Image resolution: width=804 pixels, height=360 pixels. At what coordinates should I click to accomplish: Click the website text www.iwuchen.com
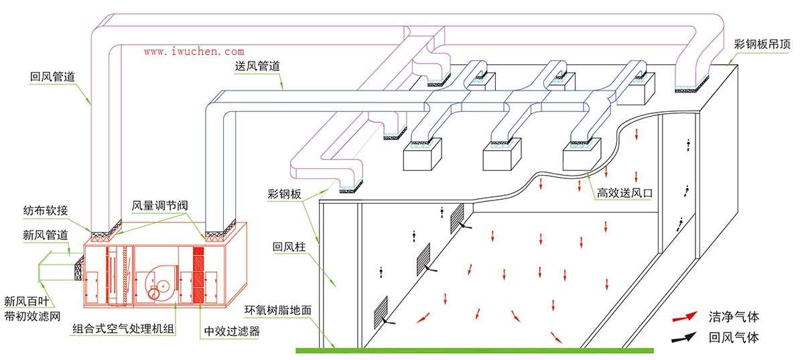(194, 51)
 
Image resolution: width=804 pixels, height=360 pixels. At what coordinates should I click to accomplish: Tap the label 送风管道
(257, 66)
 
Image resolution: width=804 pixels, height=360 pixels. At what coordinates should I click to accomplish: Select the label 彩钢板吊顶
(762, 45)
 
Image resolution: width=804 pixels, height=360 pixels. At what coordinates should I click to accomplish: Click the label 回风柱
(289, 247)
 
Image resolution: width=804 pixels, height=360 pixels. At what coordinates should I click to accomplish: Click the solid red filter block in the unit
(198, 275)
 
